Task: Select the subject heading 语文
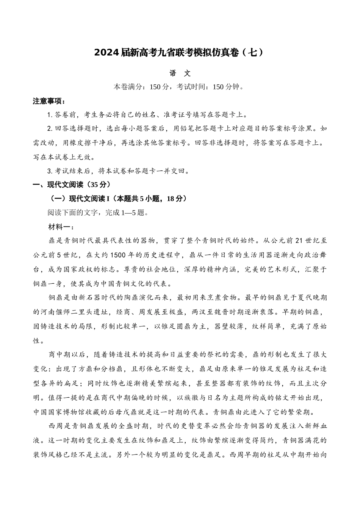[180, 73]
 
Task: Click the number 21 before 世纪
[299, 240]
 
